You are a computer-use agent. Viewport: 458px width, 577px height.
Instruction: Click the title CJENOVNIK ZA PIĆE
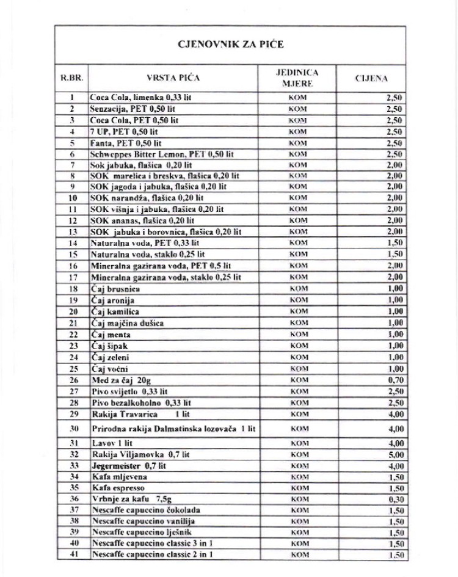coord(230,44)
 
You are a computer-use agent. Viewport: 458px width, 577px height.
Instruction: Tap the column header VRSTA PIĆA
coord(173,78)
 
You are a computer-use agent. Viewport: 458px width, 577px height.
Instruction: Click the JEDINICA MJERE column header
coord(297,78)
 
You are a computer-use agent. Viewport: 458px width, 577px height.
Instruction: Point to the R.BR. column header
coord(71,78)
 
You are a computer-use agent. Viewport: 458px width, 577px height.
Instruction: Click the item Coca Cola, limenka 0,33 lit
coord(140,97)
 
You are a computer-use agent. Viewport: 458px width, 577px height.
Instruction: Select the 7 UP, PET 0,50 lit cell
coord(124,131)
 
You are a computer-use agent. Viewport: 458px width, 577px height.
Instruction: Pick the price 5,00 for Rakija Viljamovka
coord(395,455)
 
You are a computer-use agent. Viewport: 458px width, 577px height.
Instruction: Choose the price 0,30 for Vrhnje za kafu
coord(395,499)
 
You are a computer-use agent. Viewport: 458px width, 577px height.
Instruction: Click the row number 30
coord(71,429)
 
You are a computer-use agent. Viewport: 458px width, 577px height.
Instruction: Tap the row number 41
coord(71,554)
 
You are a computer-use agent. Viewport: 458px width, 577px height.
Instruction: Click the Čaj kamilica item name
coord(115,311)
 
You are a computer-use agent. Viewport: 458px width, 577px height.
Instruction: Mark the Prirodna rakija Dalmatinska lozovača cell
coord(172,429)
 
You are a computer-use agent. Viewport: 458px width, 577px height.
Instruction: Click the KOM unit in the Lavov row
coord(297,443)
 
